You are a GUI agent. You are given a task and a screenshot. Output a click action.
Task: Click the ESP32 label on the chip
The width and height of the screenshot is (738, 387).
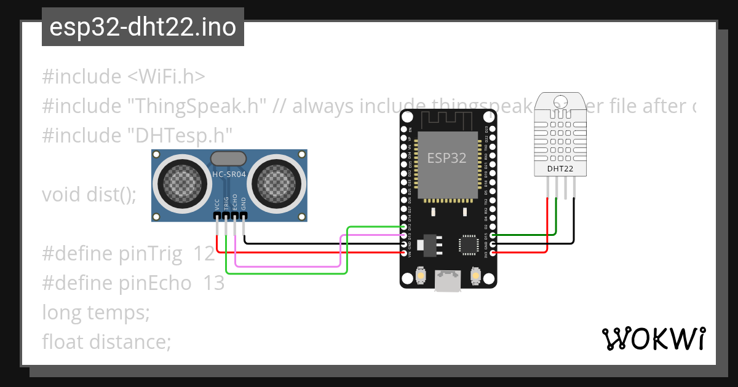pos(446,158)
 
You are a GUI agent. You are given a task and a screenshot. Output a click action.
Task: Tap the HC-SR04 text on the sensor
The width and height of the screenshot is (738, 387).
pos(229,174)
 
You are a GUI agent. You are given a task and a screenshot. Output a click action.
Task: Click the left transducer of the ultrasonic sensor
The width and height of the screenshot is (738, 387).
pos(181,182)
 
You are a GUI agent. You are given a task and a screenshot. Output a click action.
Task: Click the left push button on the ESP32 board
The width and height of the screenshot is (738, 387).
pos(420,276)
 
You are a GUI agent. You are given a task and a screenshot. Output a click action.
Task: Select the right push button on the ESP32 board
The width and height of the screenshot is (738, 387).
pos(475,276)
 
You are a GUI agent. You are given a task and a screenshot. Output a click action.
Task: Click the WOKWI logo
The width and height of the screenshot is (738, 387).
pos(653,338)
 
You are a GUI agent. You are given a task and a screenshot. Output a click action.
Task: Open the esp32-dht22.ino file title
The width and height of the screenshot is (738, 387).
pos(143,28)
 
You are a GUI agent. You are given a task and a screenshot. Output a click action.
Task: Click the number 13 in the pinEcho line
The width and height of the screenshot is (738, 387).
pos(214,284)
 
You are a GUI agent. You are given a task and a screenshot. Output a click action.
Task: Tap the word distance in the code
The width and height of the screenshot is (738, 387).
pos(130,341)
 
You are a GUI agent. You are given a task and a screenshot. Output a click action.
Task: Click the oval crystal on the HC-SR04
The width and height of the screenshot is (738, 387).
pos(229,158)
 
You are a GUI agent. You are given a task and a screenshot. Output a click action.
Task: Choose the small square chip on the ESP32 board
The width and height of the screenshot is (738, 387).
pos(468,245)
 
